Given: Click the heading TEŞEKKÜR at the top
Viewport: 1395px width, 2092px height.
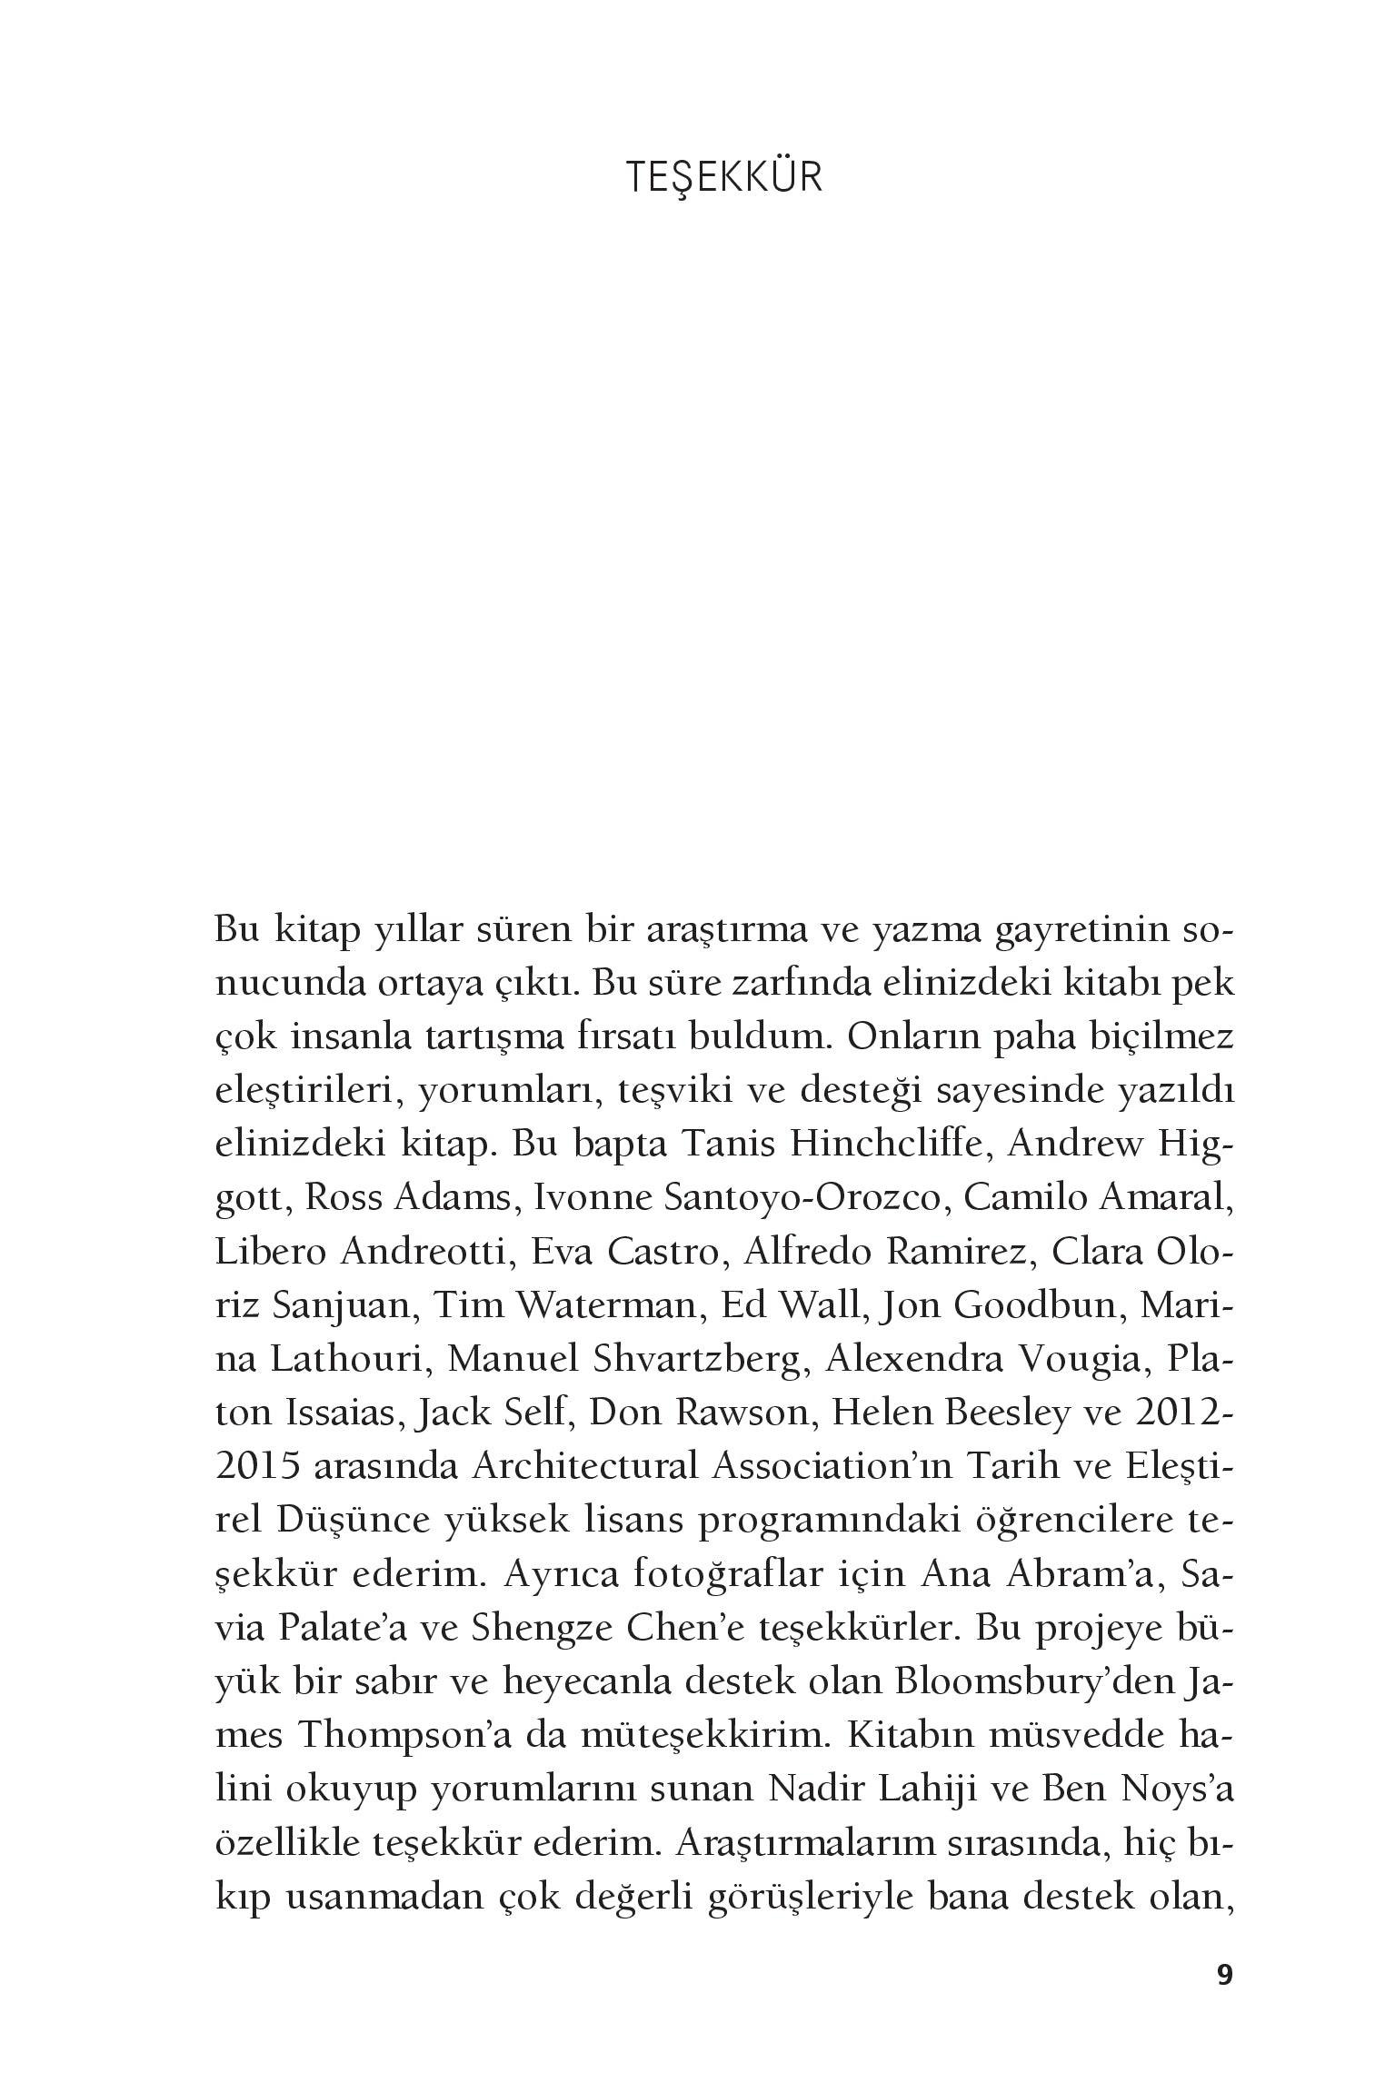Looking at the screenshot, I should (724, 178).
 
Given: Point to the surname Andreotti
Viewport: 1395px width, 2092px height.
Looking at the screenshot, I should (422, 1253).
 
